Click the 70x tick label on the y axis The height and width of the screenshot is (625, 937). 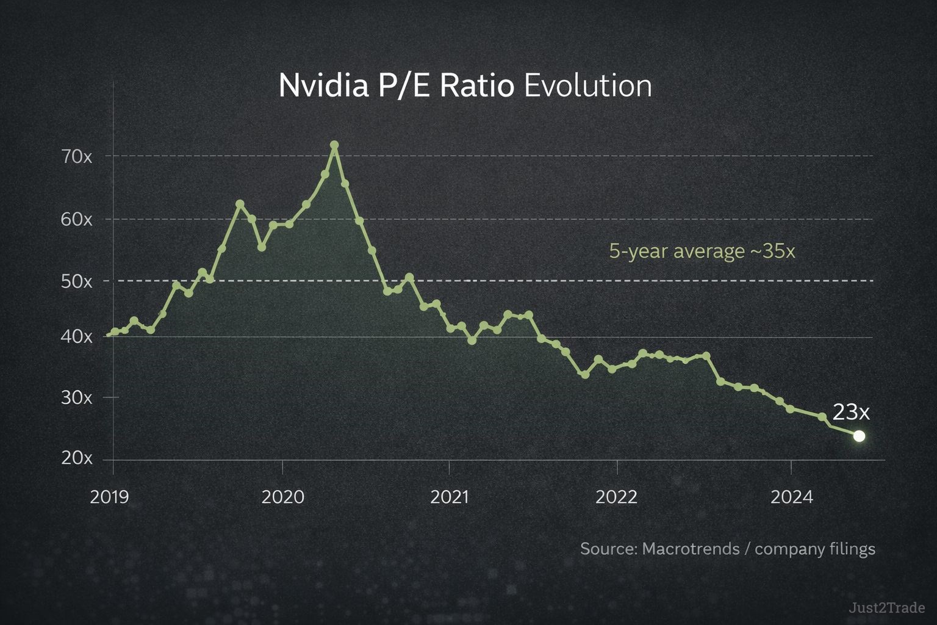click(76, 157)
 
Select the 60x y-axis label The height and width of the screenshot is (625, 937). click(76, 219)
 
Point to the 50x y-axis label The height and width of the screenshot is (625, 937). click(76, 281)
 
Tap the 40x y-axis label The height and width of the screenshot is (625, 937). click(76, 336)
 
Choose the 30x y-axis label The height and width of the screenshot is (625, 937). click(76, 397)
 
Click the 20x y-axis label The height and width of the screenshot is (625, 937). click(76, 458)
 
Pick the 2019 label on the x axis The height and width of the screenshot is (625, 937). click(110, 497)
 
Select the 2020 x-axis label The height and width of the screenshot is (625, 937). click(282, 497)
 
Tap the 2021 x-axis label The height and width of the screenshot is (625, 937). click(450, 497)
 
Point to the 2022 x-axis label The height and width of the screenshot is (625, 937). click(616, 497)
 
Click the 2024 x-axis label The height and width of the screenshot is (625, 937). click(791, 497)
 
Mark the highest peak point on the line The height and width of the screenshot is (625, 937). click(334, 145)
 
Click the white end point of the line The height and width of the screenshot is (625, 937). click(859, 436)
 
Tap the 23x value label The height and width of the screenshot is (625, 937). click(851, 413)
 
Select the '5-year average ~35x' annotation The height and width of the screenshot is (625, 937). click(702, 251)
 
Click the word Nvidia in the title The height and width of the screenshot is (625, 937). click(323, 85)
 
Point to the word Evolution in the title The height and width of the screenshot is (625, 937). click(587, 85)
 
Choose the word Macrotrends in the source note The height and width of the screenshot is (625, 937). click(691, 549)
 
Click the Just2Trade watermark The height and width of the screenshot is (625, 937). click(886, 608)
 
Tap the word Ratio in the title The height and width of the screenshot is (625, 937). click(476, 85)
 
